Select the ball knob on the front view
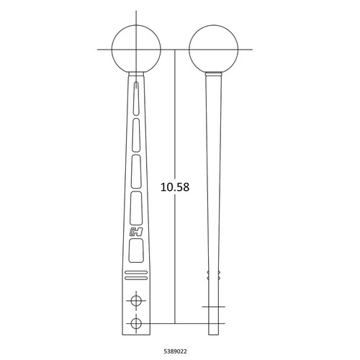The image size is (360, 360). (x=136, y=49)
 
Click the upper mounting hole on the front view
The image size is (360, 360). (x=135, y=299)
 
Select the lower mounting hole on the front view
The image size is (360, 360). (x=135, y=323)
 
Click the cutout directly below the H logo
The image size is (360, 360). (x=135, y=251)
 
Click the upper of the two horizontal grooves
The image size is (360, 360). (x=135, y=271)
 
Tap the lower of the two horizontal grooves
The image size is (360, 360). (x=135, y=277)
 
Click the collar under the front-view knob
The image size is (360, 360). (x=135, y=75)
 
